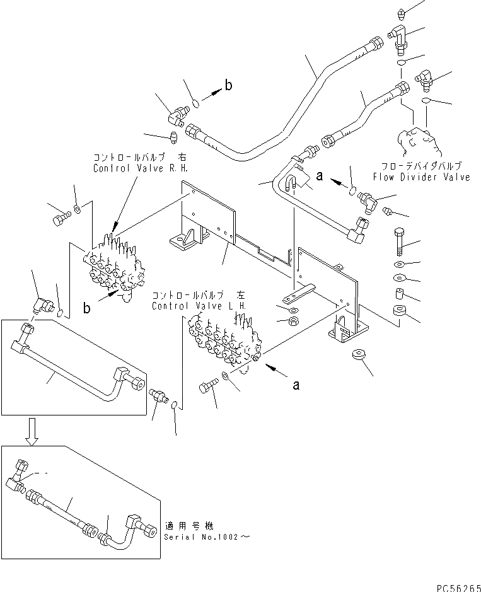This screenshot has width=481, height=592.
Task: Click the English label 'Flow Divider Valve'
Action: (x=430, y=177)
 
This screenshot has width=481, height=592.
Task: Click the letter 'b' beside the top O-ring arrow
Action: (x=228, y=86)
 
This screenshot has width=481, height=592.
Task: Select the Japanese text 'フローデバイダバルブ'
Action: (x=431, y=166)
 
